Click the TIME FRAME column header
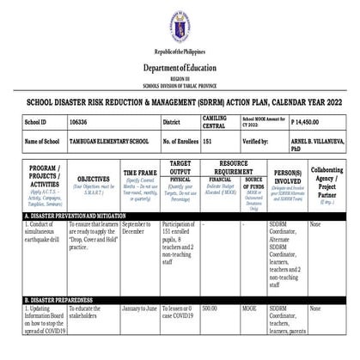[x=140, y=173]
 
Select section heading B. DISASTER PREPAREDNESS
[x=60, y=301]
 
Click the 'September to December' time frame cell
[x=138, y=227]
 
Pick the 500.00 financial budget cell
[x=210, y=308]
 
